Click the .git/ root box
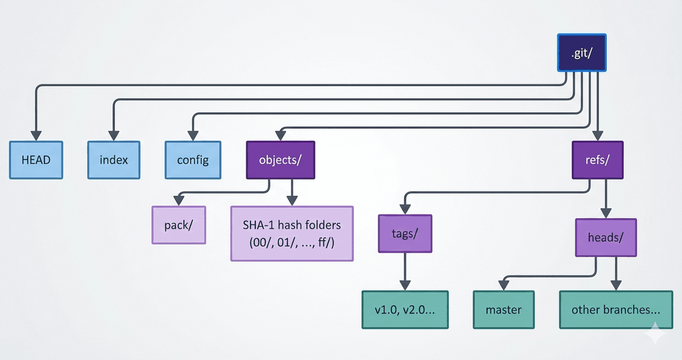581,53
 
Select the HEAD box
36,160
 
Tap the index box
114,160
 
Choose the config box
193,160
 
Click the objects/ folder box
280,160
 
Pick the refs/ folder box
597,160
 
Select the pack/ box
179,225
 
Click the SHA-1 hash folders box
292,234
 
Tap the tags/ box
405,234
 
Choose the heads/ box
605,237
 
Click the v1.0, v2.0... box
405,310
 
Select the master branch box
503,310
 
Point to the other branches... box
615,310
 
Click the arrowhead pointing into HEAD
36,135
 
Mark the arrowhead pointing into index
114,135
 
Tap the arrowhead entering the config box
193,135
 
